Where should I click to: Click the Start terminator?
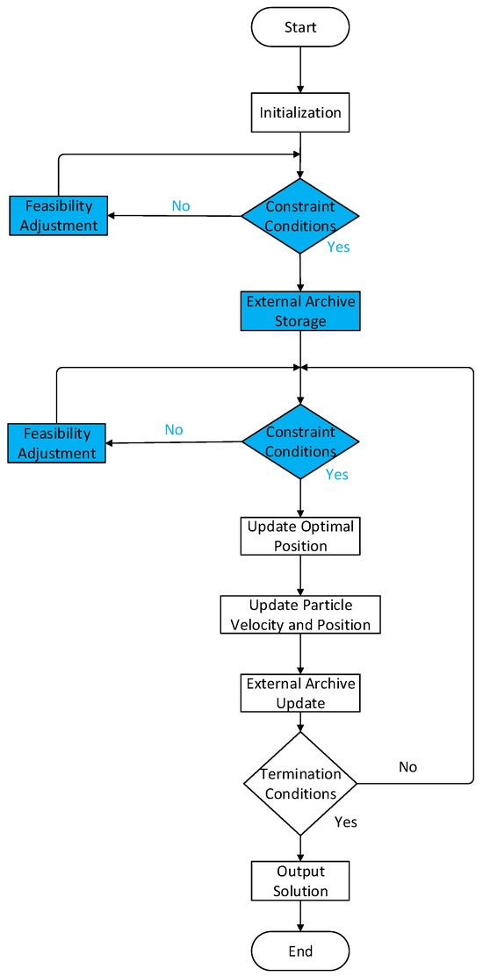click(x=300, y=27)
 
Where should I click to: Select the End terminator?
click(x=300, y=951)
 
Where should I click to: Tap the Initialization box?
click(x=300, y=112)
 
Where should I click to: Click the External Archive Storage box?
click(x=300, y=312)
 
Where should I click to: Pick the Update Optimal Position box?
click(x=300, y=536)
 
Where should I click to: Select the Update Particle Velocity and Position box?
click(x=300, y=614)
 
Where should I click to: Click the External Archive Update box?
click(x=300, y=693)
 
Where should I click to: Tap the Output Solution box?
click(x=300, y=880)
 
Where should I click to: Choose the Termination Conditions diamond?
click(x=300, y=784)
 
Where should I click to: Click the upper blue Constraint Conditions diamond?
click(x=300, y=216)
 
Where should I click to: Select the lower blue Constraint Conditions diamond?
click(x=300, y=441)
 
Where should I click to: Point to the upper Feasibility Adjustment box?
click(x=58, y=215)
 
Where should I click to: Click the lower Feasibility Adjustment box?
click(x=57, y=442)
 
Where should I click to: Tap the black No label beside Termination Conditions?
click(x=407, y=766)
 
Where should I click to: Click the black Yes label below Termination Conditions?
click(x=345, y=823)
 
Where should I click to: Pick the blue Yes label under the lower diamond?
click(x=337, y=475)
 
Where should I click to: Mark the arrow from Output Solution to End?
click(x=300, y=917)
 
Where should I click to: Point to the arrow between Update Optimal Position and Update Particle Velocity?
click(x=300, y=576)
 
